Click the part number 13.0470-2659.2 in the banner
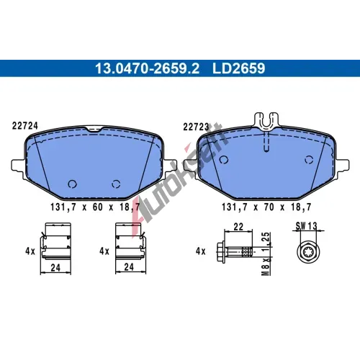(x=147, y=68)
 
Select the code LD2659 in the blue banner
(x=238, y=68)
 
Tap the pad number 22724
(x=25, y=126)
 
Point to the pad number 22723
(x=196, y=127)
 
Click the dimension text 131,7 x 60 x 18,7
(x=95, y=207)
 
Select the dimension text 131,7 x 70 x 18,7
(x=266, y=207)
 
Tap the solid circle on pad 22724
(x=72, y=184)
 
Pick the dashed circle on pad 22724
(x=116, y=184)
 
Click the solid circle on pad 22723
(x=224, y=160)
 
